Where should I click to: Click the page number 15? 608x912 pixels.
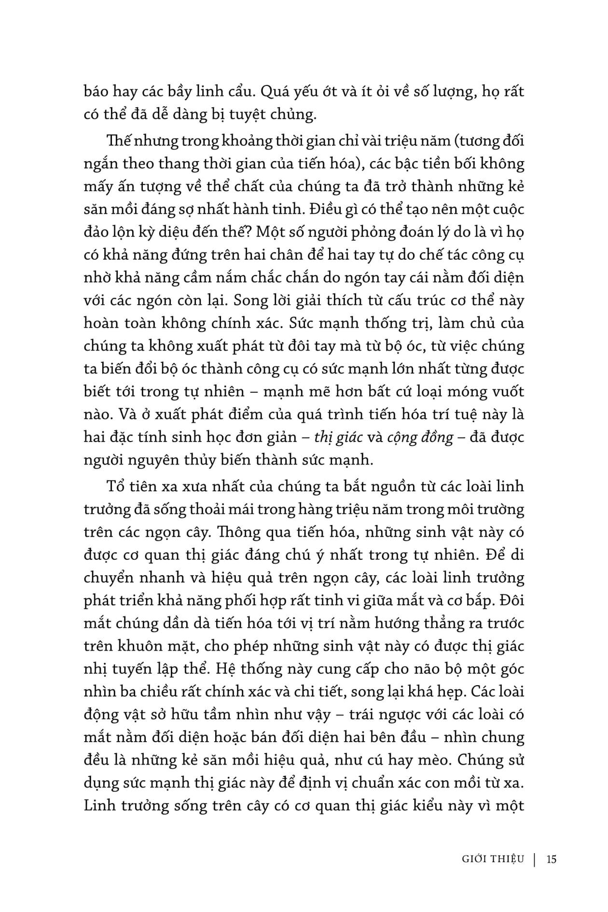552,859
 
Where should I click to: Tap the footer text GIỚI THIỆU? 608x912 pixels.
493,859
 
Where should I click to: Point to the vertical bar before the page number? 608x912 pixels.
535,859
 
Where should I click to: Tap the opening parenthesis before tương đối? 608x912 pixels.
421,141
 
